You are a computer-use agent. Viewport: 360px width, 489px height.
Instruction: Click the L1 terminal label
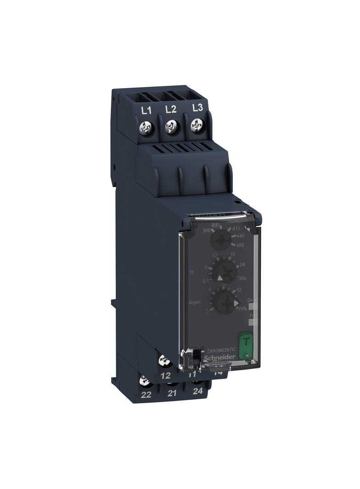tap(146, 110)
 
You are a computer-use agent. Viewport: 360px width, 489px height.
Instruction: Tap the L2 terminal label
tap(171, 109)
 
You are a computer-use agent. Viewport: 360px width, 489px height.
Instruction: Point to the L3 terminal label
tap(197, 108)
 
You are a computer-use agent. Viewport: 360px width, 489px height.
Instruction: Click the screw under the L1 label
tap(146, 126)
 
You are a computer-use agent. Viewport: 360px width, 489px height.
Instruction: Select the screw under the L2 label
tap(171, 125)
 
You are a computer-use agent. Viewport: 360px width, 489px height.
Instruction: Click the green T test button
tap(245, 342)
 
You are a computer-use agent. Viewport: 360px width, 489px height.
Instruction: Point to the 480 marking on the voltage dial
tap(239, 245)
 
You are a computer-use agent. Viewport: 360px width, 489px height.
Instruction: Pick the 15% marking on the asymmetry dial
tap(242, 309)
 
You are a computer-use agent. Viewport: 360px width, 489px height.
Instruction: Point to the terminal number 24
tap(198, 391)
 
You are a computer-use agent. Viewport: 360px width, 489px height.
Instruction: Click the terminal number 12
tap(166, 376)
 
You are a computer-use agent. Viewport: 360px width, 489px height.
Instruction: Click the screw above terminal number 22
tap(145, 380)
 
